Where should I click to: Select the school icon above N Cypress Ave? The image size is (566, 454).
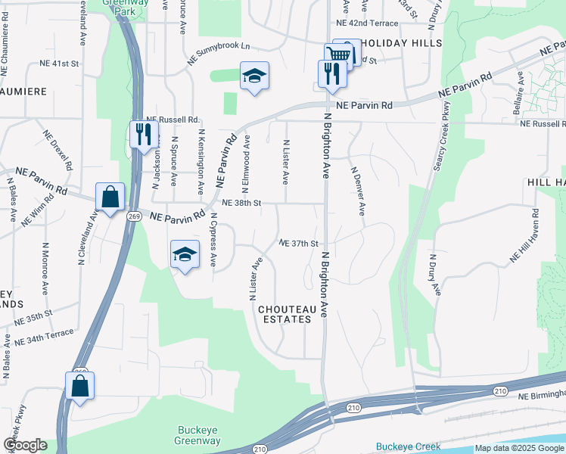pyautogui.click(x=185, y=254)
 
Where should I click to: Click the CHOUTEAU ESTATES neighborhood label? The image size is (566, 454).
pyautogui.click(x=285, y=314)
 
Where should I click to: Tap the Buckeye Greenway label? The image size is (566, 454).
pyautogui.click(x=197, y=435)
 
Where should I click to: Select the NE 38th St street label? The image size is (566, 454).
pyautogui.click(x=242, y=203)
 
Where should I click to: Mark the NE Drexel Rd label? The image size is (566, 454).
pyautogui.click(x=58, y=150)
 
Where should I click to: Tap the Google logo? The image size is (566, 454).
pyautogui.click(x=24, y=445)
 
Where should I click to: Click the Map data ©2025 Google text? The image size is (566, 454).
pyautogui.click(x=520, y=448)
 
